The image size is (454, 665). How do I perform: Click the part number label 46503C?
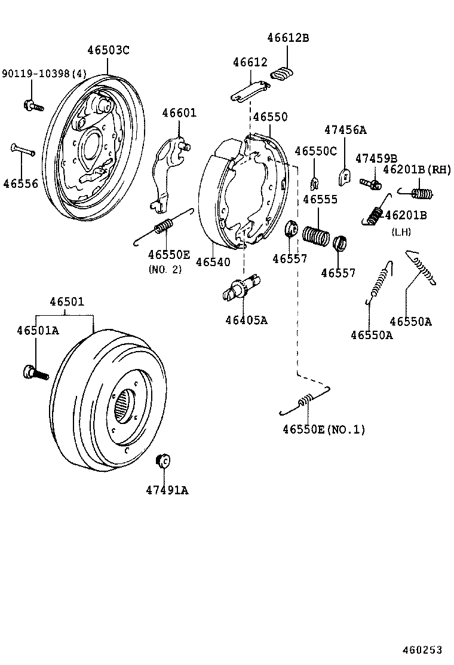click(x=108, y=50)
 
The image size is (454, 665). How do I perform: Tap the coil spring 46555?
click(x=316, y=234)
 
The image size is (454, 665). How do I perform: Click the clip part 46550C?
click(x=314, y=182)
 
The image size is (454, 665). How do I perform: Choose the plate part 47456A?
click(x=343, y=177)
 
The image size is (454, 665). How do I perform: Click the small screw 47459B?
click(x=371, y=183)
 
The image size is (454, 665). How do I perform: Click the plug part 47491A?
click(x=163, y=460)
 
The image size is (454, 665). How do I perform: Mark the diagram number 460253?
click(x=422, y=649)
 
